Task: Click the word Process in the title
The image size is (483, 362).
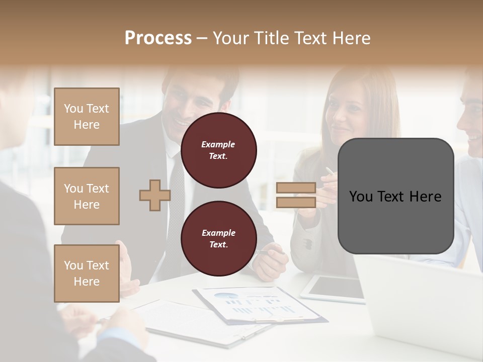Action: click(x=158, y=38)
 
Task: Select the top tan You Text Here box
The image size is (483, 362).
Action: click(x=87, y=117)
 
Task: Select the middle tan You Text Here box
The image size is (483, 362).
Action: click(x=87, y=196)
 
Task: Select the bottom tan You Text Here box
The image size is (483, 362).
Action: click(x=87, y=274)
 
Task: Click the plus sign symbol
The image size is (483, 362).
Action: click(x=154, y=195)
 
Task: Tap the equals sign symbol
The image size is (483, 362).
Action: click(x=296, y=195)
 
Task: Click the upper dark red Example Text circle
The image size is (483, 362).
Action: click(x=218, y=150)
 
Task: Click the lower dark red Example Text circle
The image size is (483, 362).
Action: click(x=218, y=238)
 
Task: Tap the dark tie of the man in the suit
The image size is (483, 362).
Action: click(x=177, y=201)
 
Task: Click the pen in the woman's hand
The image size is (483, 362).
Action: click(x=329, y=171)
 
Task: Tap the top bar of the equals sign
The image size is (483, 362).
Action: click(x=296, y=188)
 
